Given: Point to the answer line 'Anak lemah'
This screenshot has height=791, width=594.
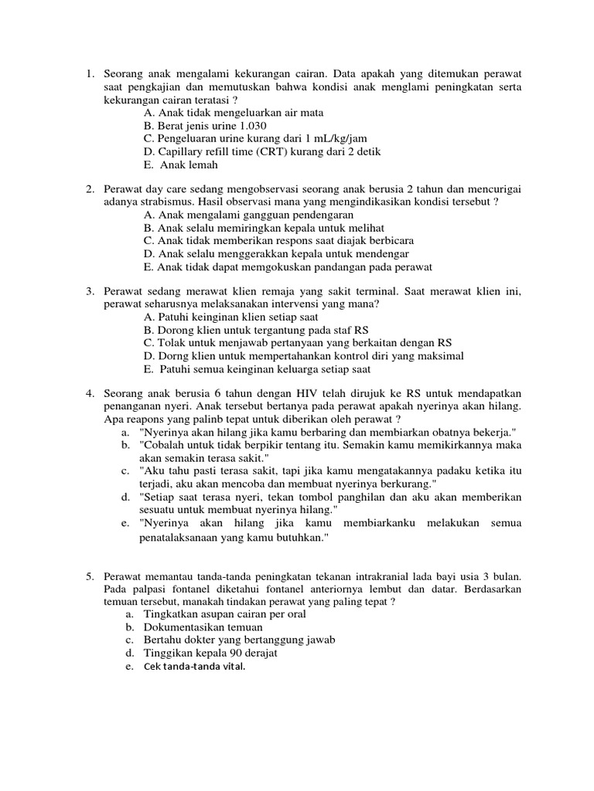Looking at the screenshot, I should [189, 165].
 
